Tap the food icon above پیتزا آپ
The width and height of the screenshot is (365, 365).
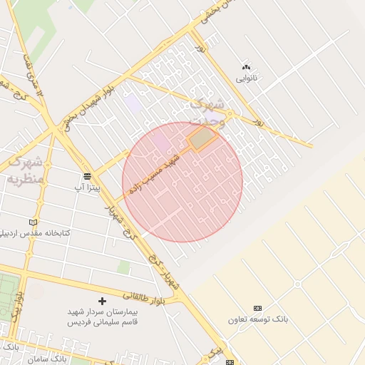(x=87, y=176)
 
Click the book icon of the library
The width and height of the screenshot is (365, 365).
(x=33, y=222)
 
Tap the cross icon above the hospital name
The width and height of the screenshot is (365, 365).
(x=101, y=302)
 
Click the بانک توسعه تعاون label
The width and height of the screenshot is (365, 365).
(x=257, y=319)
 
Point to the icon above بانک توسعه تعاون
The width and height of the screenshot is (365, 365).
(x=257, y=308)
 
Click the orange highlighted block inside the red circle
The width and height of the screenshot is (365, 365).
(x=202, y=138)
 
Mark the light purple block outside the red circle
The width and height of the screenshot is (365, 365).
(x=133, y=103)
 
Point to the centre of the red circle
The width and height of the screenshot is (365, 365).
(x=182, y=182)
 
